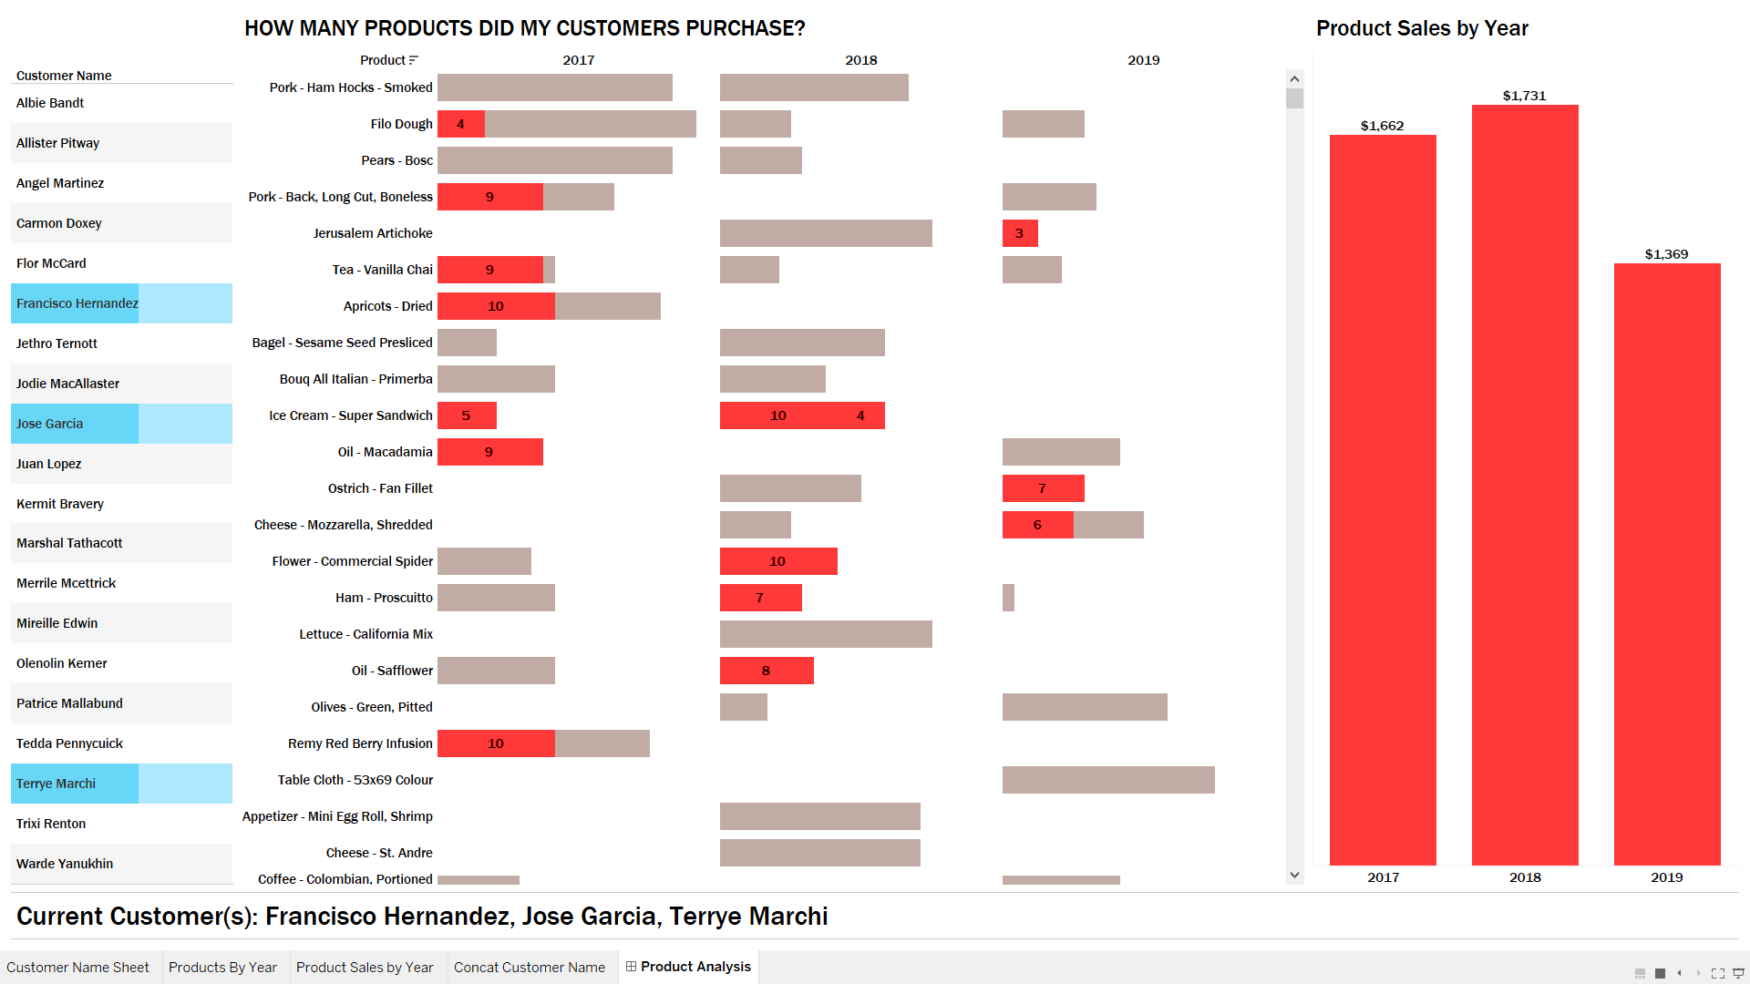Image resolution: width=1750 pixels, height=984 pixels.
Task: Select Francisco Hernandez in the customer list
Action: pyautogui.click(x=77, y=303)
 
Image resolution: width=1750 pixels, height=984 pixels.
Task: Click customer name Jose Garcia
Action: pyautogui.click(x=50, y=424)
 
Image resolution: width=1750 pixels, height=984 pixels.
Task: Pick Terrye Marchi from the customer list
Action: pyautogui.click(x=57, y=784)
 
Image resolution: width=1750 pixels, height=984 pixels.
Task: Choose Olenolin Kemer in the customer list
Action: pyautogui.click(x=62, y=663)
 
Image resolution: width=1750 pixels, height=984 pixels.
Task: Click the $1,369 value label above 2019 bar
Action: pyautogui.click(x=1666, y=254)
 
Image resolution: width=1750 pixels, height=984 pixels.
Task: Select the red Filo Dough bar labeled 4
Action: pyautogui.click(x=461, y=124)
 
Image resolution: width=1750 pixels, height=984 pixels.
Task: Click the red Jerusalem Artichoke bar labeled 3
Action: pyautogui.click(x=1020, y=233)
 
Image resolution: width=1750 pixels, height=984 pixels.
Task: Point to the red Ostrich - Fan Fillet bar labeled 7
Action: pyautogui.click(x=1043, y=488)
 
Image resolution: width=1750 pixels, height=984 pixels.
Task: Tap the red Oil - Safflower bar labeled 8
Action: pyautogui.click(x=767, y=671)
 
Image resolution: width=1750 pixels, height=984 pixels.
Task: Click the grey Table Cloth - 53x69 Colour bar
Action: pyautogui.click(x=1108, y=780)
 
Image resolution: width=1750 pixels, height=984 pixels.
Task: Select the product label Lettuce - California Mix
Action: pyautogui.click(x=365, y=634)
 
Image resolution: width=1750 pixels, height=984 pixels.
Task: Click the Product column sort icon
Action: pyautogui.click(x=414, y=60)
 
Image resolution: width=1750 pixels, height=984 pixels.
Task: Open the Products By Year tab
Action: pyautogui.click(x=222, y=968)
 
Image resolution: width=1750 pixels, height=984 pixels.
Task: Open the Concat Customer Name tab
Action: pyautogui.click(x=530, y=968)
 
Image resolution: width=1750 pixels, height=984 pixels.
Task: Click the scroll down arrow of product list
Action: pyautogui.click(x=1294, y=876)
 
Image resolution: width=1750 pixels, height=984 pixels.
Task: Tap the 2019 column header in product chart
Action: pyautogui.click(x=1143, y=60)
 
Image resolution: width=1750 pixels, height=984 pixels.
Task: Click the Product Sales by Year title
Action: pyautogui.click(x=1422, y=28)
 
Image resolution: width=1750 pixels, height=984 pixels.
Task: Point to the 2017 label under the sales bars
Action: pyautogui.click(x=1383, y=877)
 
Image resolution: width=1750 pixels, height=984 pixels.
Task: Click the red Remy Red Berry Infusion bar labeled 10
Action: pyautogui.click(x=496, y=743)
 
